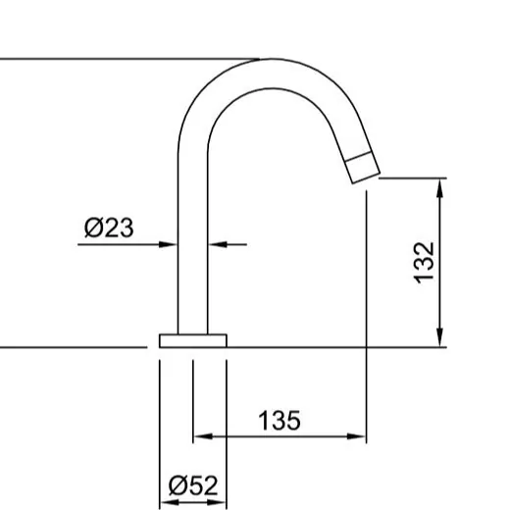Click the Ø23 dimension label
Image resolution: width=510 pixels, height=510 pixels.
tap(109, 228)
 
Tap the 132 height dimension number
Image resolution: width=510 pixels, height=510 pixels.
tap(424, 263)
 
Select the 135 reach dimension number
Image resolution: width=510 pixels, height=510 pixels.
tap(280, 420)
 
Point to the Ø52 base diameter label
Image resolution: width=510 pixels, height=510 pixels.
tap(193, 485)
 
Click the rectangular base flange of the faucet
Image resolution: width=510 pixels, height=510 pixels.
tap(193, 340)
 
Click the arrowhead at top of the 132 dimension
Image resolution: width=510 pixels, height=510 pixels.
tap(440, 188)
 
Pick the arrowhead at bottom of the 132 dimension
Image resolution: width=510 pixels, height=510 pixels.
tap(440, 336)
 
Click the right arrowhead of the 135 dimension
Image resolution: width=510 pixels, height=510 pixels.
tap(356, 436)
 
